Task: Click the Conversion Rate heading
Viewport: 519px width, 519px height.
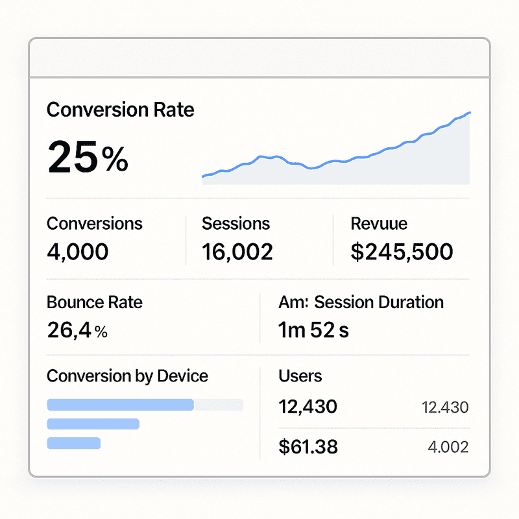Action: click(x=120, y=109)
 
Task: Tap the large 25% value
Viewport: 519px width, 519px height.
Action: click(x=88, y=158)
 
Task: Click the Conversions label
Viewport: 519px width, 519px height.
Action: click(x=95, y=224)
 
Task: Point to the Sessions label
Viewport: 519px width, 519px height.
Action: click(x=235, y=224)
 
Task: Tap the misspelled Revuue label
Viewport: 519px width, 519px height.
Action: click(x=379, y=224)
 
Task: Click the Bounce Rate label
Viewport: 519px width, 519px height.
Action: click(x=95, y=302)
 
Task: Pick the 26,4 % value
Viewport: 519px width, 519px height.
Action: click(x=77, y=331)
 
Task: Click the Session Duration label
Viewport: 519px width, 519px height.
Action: click(x=361, y=302)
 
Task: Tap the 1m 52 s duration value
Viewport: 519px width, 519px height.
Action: click(x=313, y=331)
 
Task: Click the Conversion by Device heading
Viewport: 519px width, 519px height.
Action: click(x=127, y=376)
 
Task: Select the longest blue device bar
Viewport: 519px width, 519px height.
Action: click(x=121, y=405)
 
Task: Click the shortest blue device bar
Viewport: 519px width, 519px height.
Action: click(x=74, y=443)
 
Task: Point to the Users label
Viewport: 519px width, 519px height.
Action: click(x=300, y=376)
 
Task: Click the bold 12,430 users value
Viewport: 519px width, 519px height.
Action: click(x=308, y=407)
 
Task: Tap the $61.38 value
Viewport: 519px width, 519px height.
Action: click(x=308, y=446)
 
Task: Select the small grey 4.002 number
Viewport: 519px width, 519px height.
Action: click(x=448, y=447)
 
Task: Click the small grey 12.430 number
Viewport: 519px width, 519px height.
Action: click(x=445, y=408)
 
